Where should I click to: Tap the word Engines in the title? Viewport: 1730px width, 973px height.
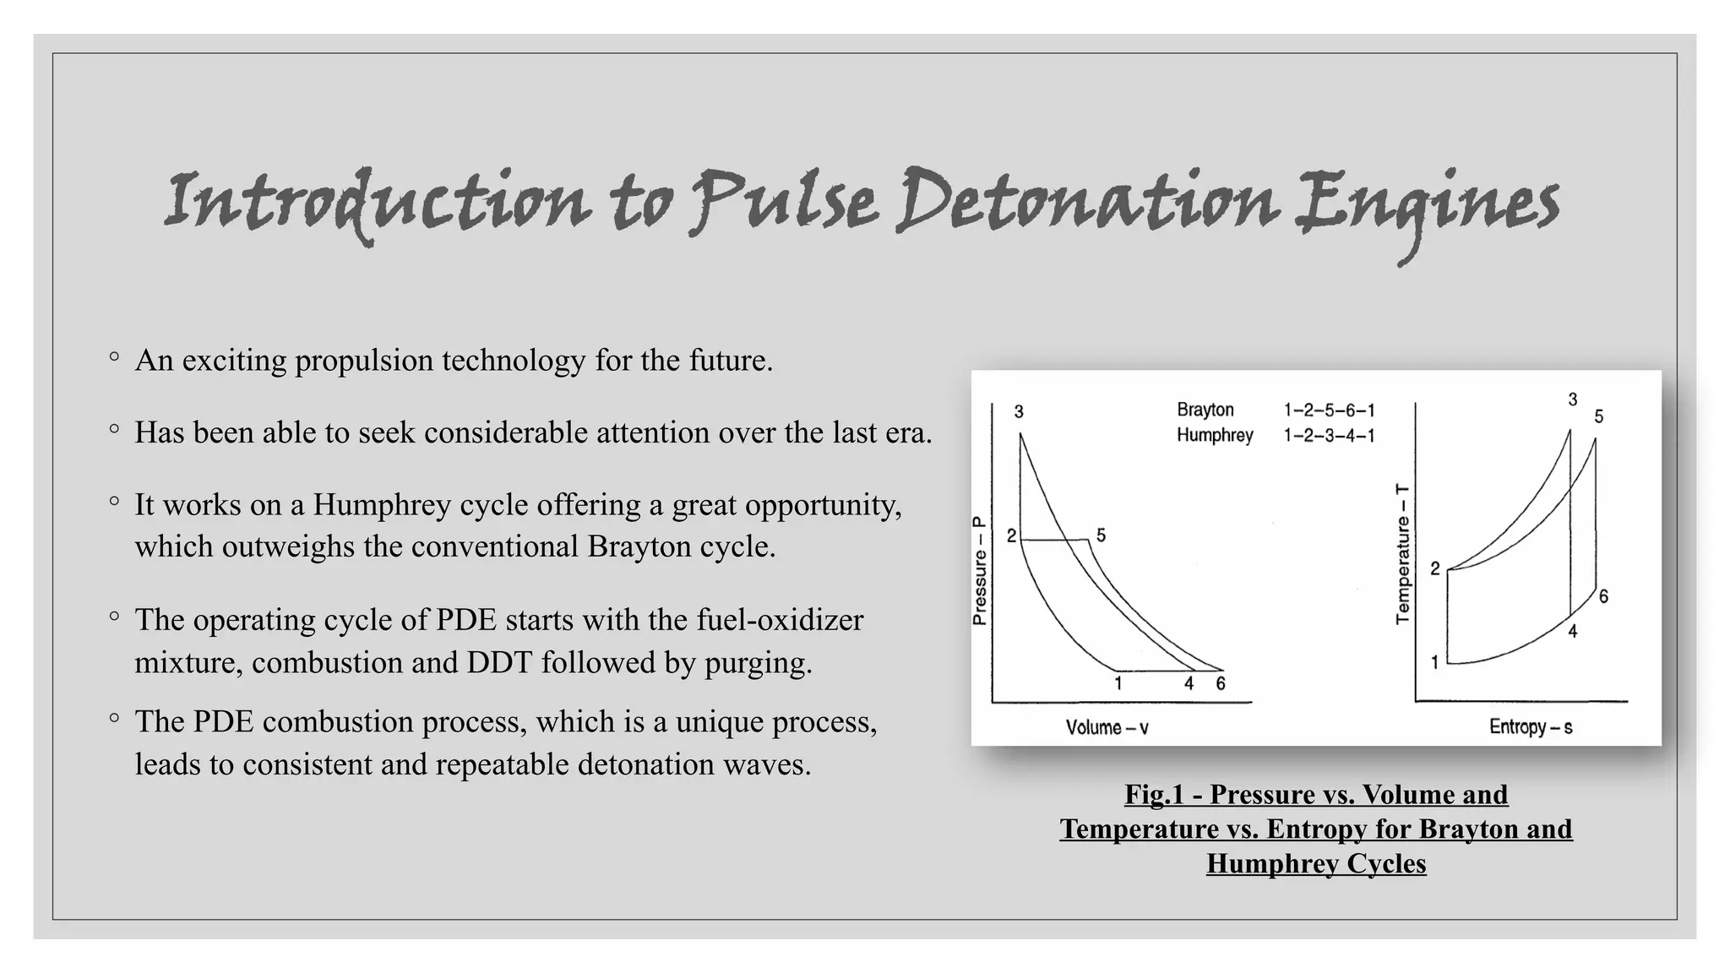click(x=1428, y=206)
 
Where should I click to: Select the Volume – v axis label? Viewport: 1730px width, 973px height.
click(x=1107, y=727)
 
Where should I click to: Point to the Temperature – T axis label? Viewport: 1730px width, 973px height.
click(x=1403, y=554)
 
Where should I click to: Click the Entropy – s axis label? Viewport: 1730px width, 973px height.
click(x=1531, y=727)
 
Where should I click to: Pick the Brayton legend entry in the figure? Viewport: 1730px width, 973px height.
click(x=1205, y=410)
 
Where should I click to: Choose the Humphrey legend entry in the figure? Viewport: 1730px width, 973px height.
click(x=1215, y=435)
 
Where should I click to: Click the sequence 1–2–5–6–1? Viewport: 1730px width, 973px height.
click(x=1329, y=410)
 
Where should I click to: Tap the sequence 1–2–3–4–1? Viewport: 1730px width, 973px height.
click(x=1329, y=436)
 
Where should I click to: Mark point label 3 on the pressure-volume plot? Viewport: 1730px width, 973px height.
click(x=1019, y=412)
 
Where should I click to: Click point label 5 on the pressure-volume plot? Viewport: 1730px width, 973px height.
click(x=1101, y=535)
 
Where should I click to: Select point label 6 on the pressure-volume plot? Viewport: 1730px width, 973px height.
click(x=1221, y=684)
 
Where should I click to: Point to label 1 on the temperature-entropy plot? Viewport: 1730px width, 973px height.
click(x=1434, y=663)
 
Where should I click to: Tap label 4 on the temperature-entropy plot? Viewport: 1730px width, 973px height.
click(x=1572, y=632)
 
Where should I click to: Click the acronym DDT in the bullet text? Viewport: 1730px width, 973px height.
click(x=499, y=662)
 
